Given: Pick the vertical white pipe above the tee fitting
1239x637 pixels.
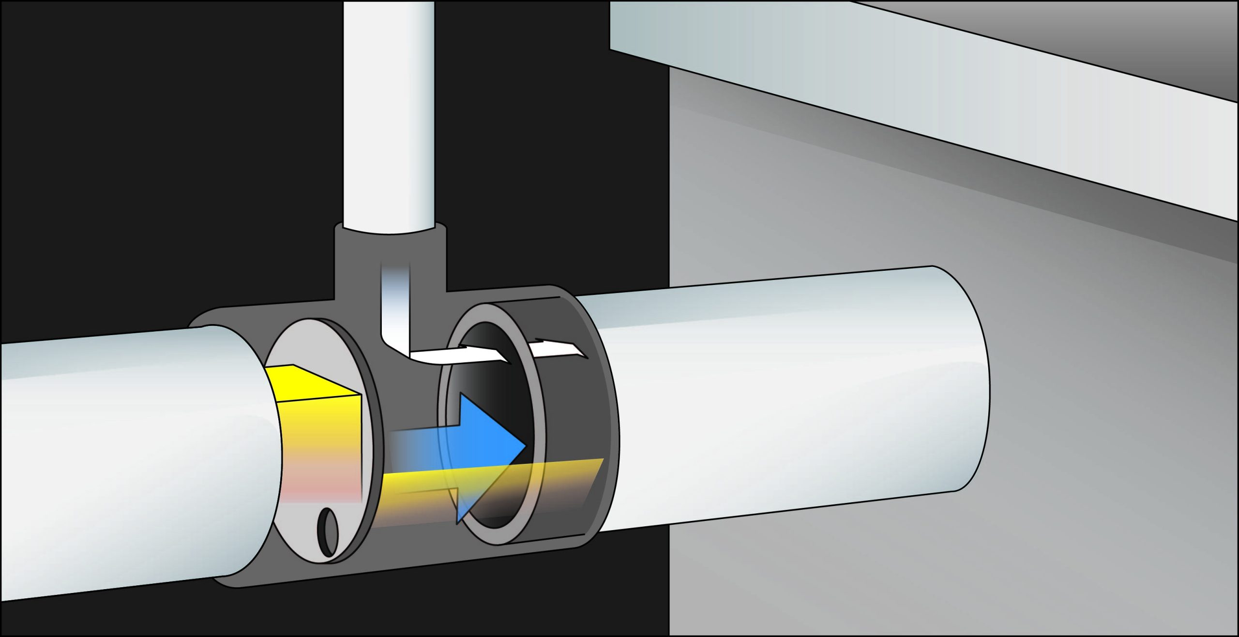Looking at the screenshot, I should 389,111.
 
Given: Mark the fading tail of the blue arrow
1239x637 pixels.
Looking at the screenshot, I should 411,443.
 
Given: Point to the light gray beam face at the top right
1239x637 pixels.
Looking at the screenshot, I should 920,97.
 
